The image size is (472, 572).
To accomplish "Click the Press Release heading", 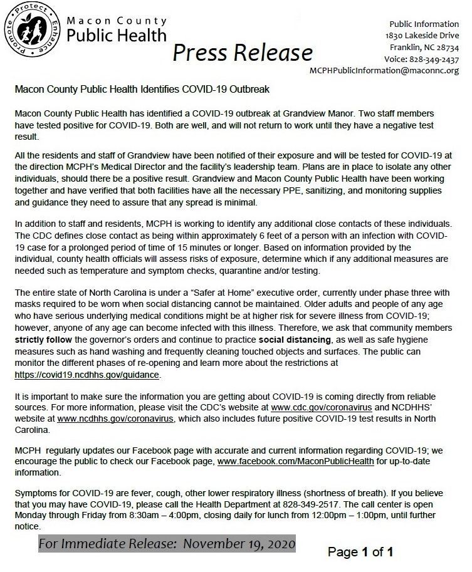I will tap(243, 53).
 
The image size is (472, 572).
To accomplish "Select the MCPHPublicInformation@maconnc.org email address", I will tap(384, 71).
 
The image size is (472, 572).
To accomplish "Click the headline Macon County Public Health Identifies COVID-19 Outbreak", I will tap(142, 90).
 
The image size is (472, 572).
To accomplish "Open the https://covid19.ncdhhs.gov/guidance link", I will tap(87, 375).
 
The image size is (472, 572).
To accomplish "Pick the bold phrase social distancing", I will tap(296, 340).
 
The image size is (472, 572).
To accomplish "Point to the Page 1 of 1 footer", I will tap(360, 552).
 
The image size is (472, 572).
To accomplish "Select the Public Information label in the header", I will tap(423, 24).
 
